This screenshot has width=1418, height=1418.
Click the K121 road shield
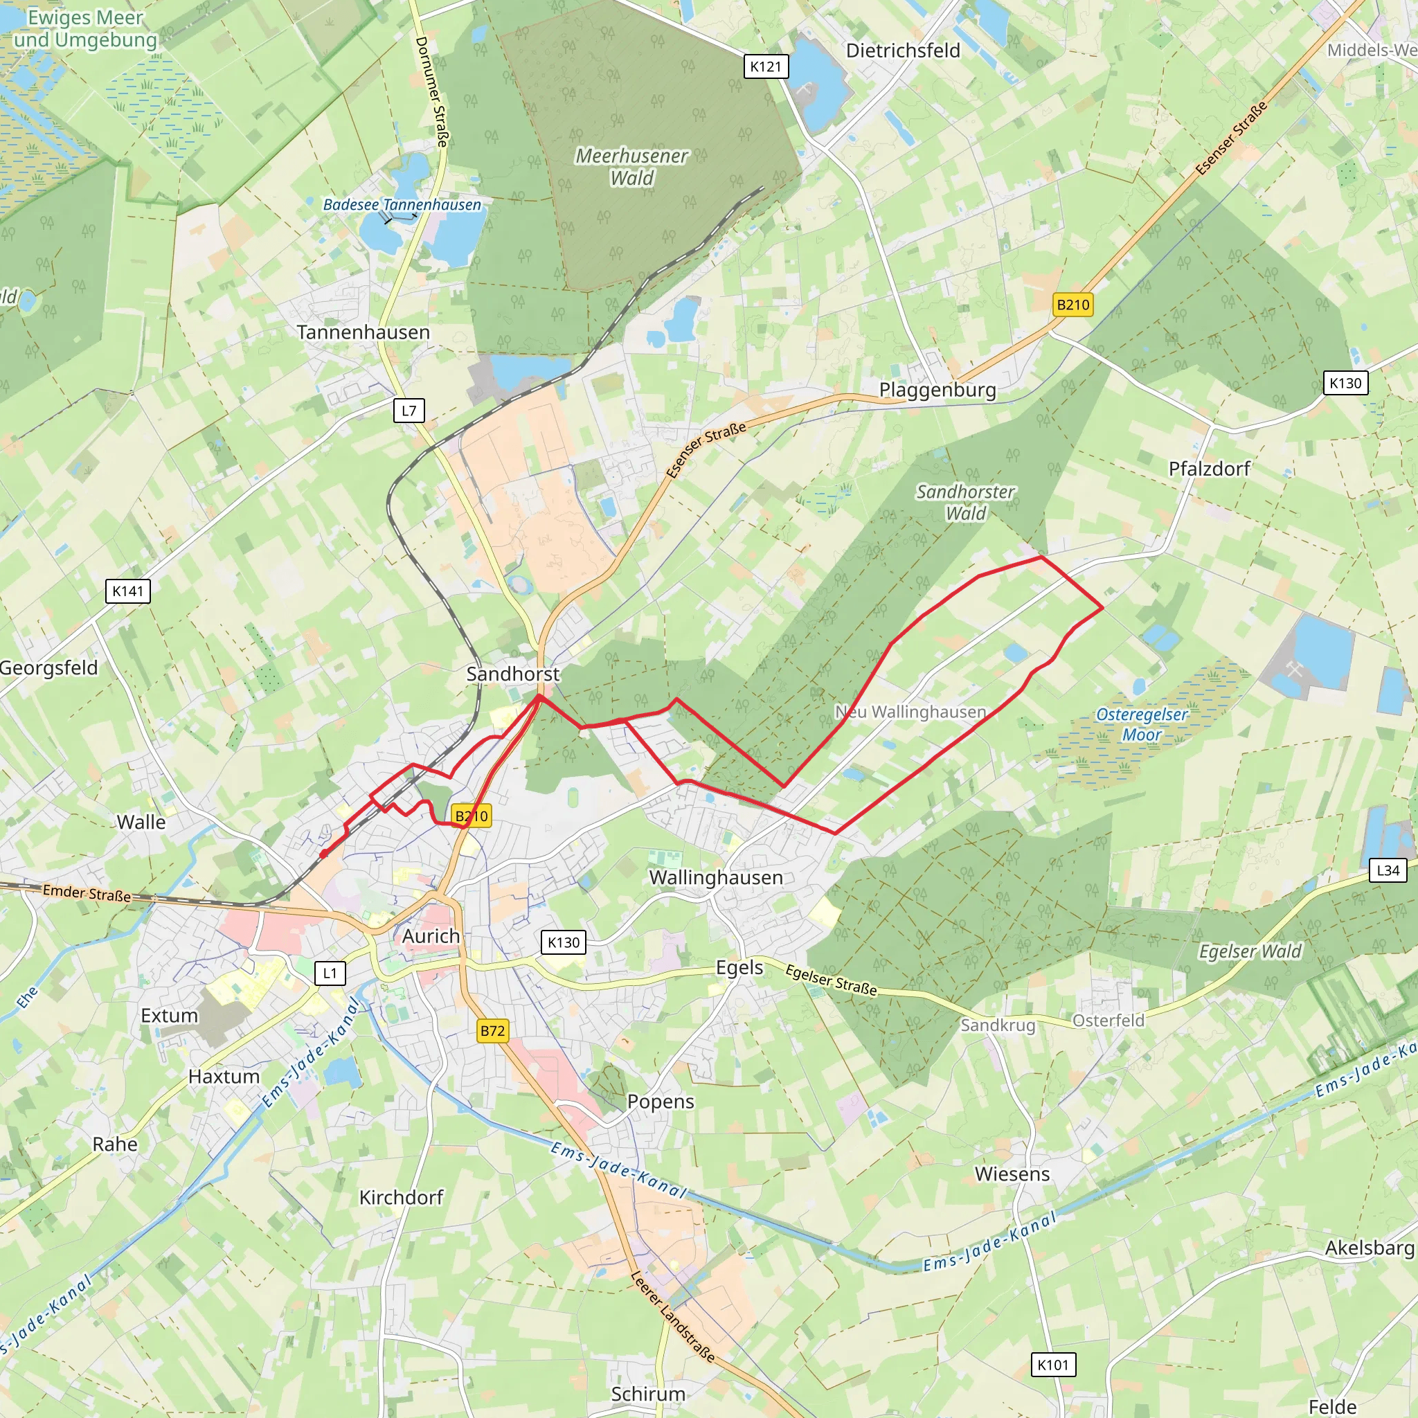(x=766, y=66)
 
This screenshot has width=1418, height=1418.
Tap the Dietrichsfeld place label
(x=903, y=51)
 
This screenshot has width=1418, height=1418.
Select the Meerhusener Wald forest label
(x=631, y=167)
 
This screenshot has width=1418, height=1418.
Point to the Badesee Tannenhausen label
(x=402, y=205)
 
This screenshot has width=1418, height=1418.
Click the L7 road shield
(x=409, y=411)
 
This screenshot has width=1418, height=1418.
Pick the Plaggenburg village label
(x=937, y=390)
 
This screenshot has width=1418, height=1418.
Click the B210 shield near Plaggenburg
(x=1073, y=305)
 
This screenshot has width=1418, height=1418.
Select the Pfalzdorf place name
(x=1209, y=468)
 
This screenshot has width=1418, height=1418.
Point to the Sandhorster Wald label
(x=965, y=502)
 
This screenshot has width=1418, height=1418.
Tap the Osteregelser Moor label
(x=1141, y=724)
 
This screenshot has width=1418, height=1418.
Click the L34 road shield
(x=1387, y=870)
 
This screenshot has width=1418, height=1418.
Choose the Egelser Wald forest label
(x=1250, y=951)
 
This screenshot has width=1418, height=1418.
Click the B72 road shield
(x=492, y=1031)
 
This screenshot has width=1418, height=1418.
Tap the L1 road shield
(x=330, y=973)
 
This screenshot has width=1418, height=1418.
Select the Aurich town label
(x=431, y=937)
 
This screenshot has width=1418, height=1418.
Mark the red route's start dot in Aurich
(x=323, y=854)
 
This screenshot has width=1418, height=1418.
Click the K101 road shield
(x=1053, y=1365)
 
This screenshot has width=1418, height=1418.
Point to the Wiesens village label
(x=1012, y=1174)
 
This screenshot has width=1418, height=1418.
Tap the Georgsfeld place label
(x=48, y=668)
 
